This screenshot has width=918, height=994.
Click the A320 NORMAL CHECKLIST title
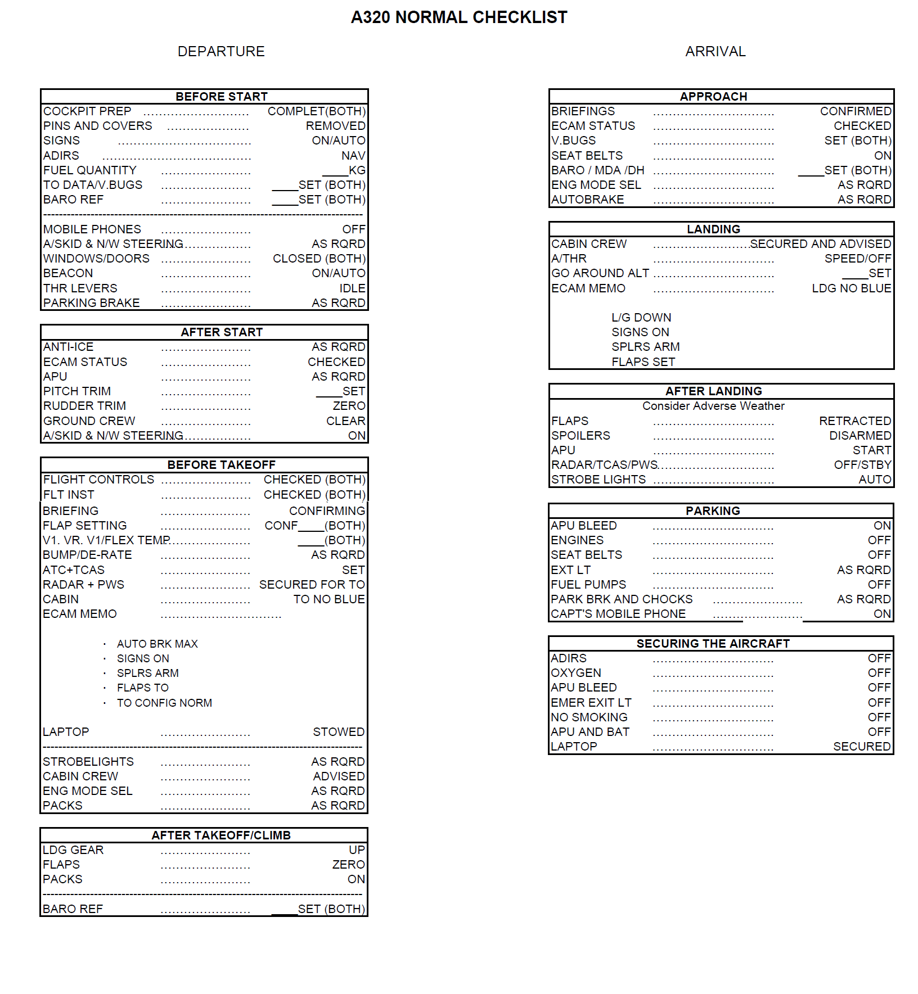(459, 17)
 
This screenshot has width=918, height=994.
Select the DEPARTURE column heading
(221, 52)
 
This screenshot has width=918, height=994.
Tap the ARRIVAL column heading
(715, 52)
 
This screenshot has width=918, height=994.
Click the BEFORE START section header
(221, 97)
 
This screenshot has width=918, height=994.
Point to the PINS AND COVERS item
(98, 126)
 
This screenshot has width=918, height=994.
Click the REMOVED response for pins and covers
(335, 126)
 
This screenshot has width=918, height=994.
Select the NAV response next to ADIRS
(353, 156)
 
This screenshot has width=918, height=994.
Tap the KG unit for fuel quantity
(357, 170)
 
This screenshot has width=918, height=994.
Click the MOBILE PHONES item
(92, 229)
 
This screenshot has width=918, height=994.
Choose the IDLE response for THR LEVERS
(352, 288)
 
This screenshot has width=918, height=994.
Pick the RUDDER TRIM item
(85, 406)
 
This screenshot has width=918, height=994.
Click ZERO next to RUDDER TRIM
(349, 406)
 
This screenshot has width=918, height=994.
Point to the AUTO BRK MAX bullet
(157, 644)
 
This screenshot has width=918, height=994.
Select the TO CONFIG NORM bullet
(164, 703)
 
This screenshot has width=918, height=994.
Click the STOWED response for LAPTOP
(339, 732)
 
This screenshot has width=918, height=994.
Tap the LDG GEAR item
(73, 850)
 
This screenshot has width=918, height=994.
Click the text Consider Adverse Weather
(713, 406)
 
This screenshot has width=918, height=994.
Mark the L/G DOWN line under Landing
(641, 318)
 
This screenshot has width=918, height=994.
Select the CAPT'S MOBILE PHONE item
(618, 614)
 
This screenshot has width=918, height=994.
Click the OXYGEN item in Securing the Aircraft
(576, 673)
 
